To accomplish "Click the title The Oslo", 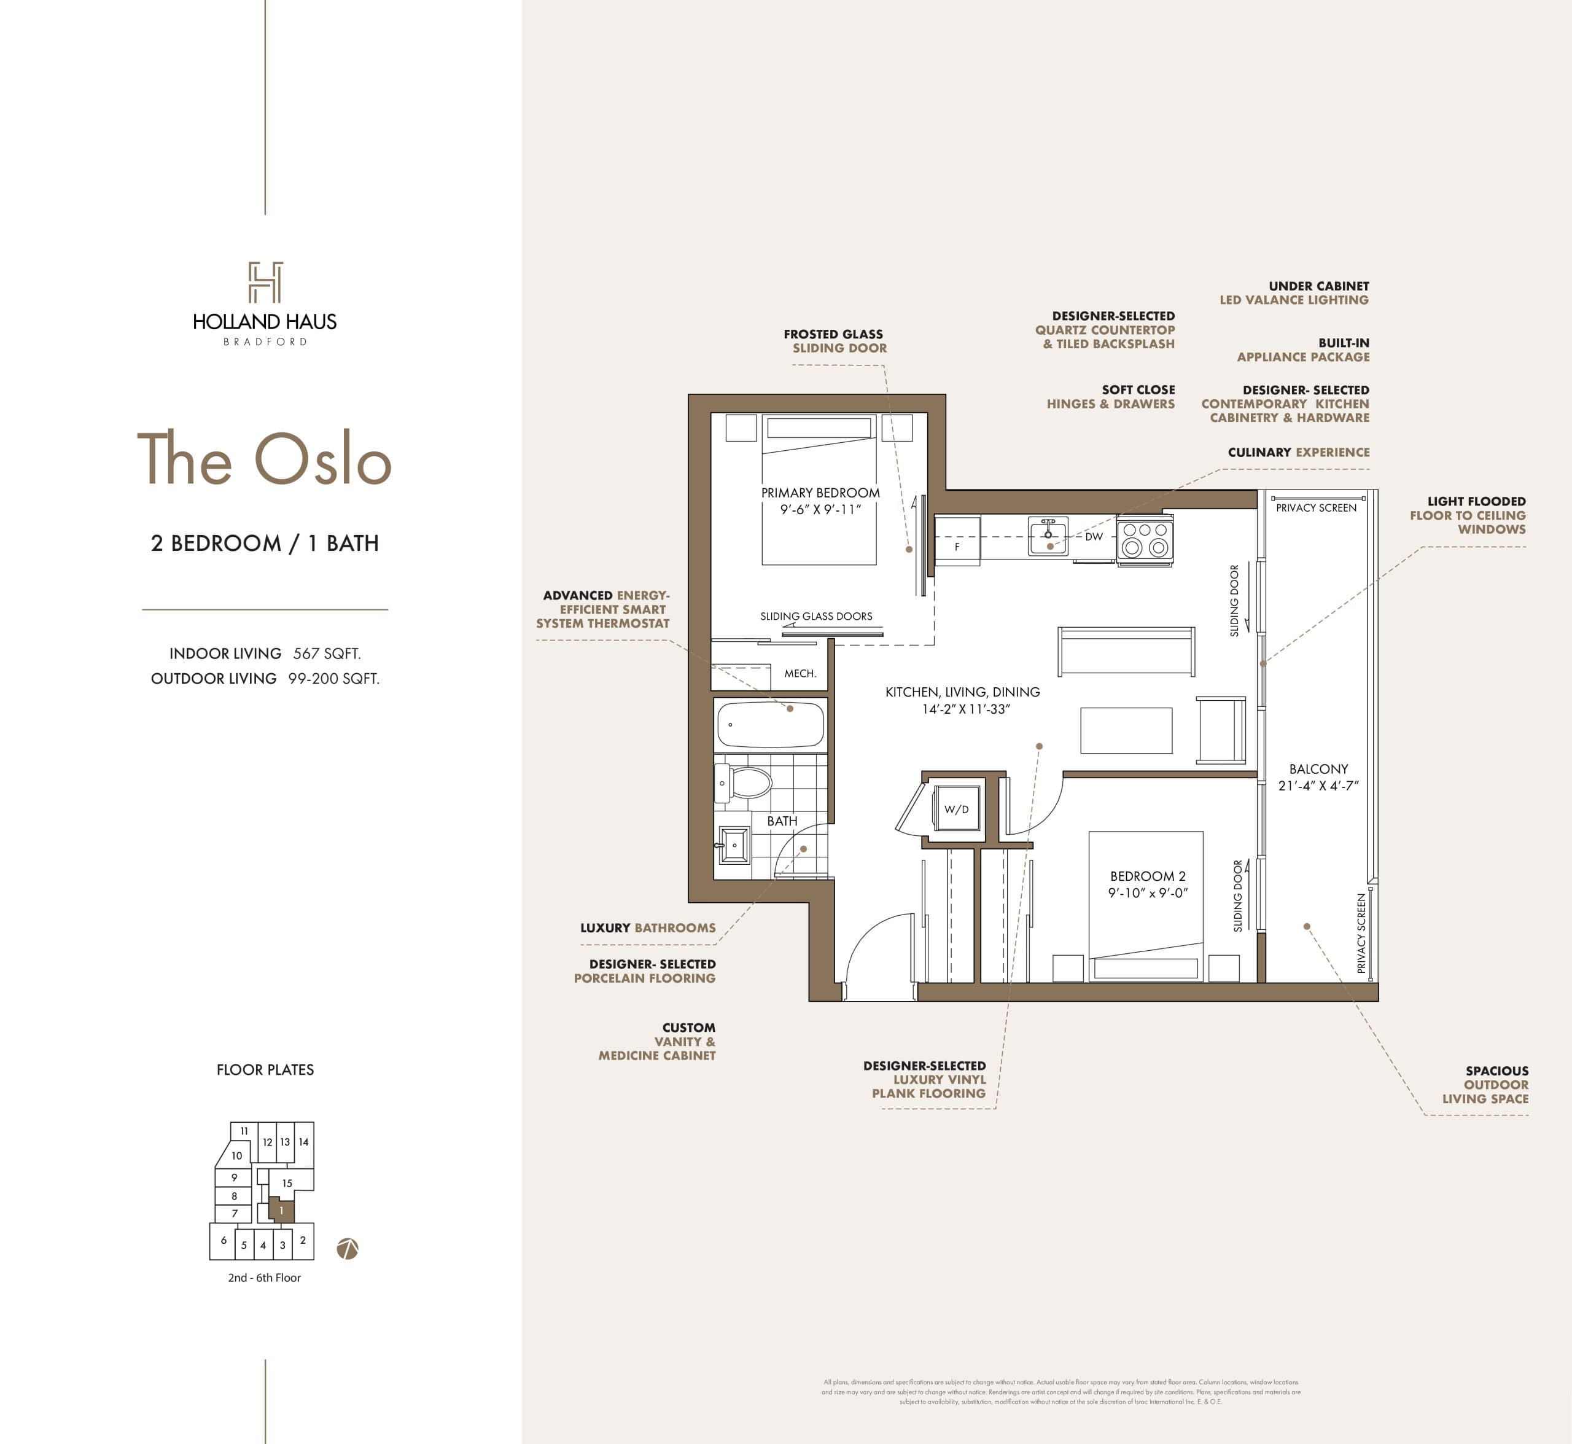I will click(x=264, y=459).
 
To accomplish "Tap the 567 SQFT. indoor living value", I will click(x=327, y=654).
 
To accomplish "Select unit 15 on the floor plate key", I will click(x=287, y=1183).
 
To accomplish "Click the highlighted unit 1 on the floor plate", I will click(x=281, y=1211).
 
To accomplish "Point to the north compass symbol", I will click(x=347, y=1249).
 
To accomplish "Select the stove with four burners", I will click(x=1145, y=539).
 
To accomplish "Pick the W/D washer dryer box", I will click(x=956, y=809).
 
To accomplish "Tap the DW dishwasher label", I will click(x=1094, y=537).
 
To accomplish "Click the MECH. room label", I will click(x=800, y=674).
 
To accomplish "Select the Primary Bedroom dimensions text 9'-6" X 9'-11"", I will click(x=820, y=509).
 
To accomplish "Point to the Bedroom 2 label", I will click(x=1148, y=876).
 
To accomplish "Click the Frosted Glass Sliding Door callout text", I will click(x=835, y=341).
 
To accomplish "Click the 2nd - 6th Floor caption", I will click(x=264, y=1278).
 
